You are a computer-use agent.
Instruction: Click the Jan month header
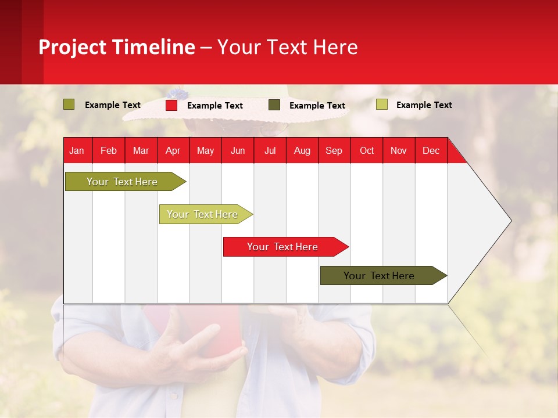77,151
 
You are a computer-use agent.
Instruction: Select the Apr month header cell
173,151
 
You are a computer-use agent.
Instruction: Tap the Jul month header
270,151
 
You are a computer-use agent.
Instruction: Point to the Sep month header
334,151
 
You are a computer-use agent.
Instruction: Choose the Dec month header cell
431,151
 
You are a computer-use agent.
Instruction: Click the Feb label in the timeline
109,151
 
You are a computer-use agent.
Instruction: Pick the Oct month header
367,151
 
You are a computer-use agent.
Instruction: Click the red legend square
171,105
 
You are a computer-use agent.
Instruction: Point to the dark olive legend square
274,105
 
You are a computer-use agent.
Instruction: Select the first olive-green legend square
69,105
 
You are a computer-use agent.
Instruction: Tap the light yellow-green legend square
382,105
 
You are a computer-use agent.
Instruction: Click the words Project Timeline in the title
116,47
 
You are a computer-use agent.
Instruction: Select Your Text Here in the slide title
288,47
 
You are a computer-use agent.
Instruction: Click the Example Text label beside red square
215,106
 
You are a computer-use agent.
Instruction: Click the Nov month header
399,151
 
